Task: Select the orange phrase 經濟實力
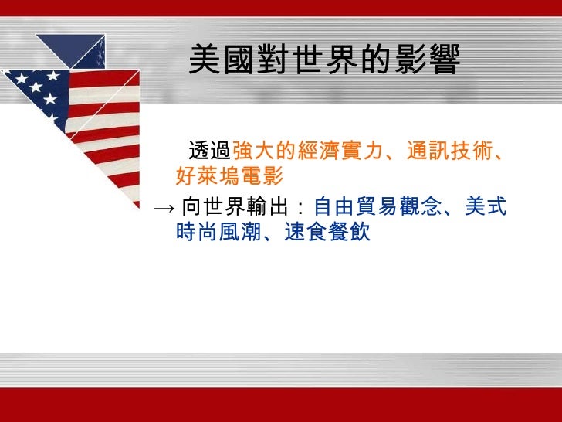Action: [340, 152]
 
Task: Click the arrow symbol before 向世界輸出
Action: [163, 207]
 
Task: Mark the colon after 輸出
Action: [301, 208]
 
